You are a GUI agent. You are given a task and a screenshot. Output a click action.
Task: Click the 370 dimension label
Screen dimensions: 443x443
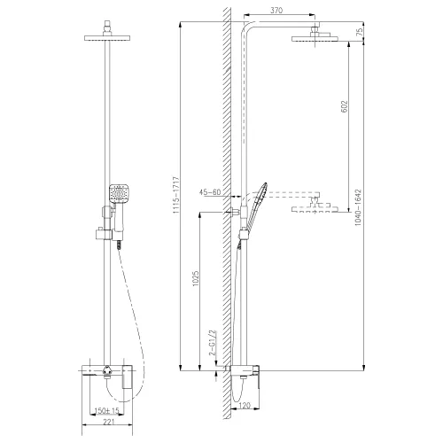tap(276, 10)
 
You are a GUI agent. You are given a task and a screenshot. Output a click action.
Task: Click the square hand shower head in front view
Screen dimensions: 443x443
tap(119, 191)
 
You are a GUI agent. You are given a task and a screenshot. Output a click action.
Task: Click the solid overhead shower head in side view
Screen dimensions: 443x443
tap(312, 37)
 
